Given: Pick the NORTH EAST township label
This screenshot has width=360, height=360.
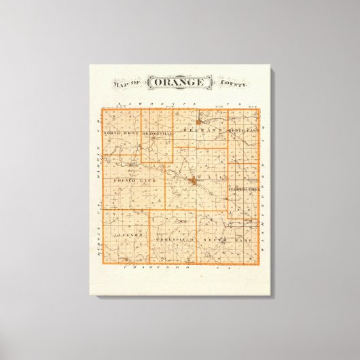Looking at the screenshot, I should pyautogui.click(x=242, y=128).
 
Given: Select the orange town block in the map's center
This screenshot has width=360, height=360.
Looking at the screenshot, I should pyautogui.click(x=195, y=181).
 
